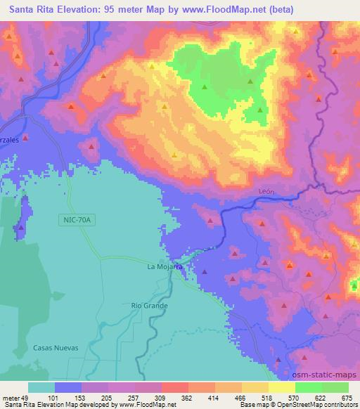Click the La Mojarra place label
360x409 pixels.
[165, 267]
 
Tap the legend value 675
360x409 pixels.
[348, 398]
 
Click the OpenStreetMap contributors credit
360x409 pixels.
[316, 405]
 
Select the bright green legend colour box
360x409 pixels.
[309, 387]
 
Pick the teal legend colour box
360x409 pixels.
[41, 387]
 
